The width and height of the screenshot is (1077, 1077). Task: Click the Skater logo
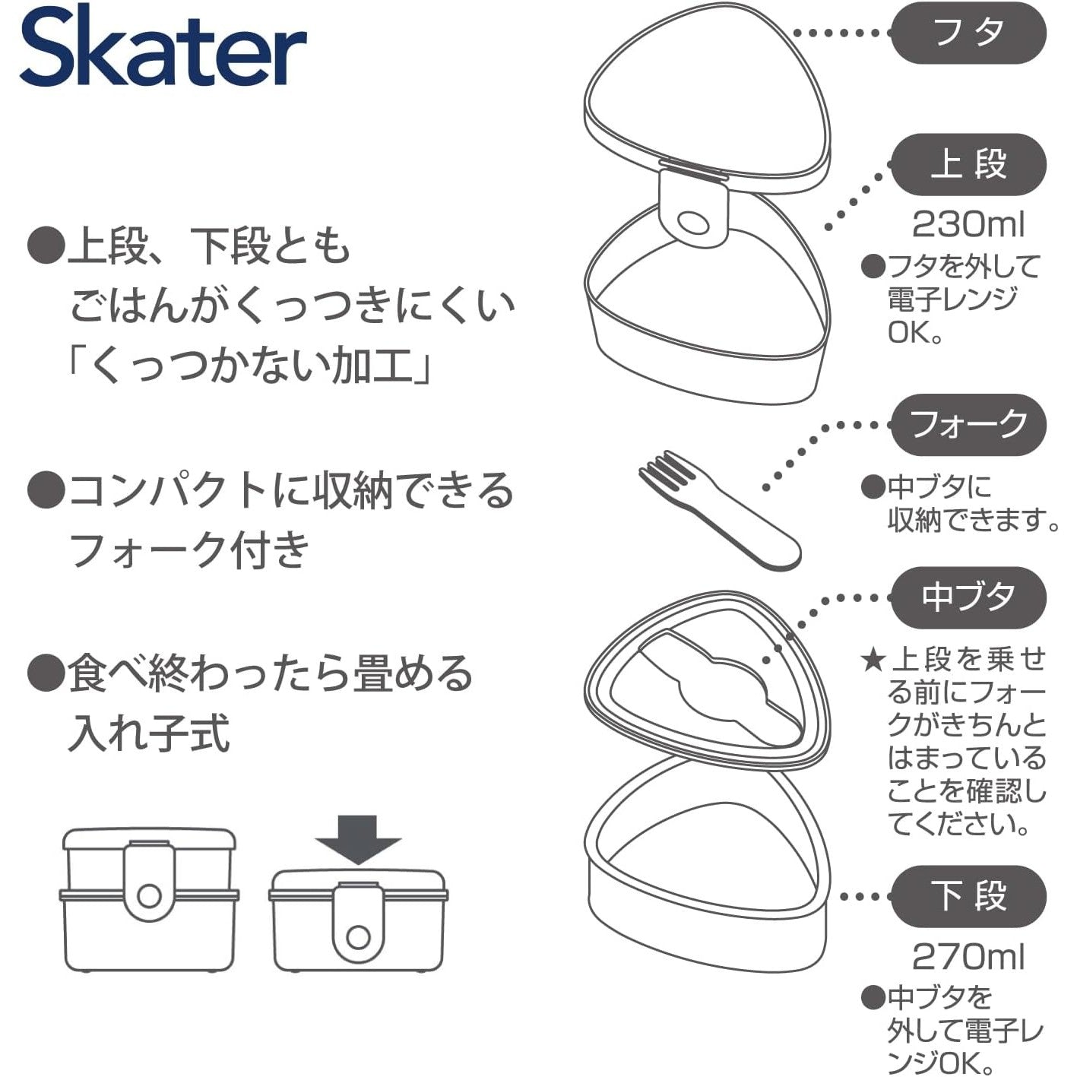tap(163, 45)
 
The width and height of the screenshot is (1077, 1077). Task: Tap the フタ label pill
tap(968, 33)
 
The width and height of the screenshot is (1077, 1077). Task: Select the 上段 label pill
tap(968, 164)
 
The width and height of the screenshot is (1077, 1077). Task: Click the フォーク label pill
tap(968, 425)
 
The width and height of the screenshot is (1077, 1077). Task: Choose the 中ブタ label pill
tap(968, 597)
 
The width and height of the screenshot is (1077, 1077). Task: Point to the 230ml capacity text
tap(968, 225)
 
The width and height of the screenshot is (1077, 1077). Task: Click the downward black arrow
tap(358, 839)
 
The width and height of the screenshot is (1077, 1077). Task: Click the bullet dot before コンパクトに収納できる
tap(46, 489)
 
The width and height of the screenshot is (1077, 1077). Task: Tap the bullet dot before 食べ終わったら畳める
tap(46, 673)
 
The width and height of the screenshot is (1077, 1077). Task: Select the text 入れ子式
tap(149, 734)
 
